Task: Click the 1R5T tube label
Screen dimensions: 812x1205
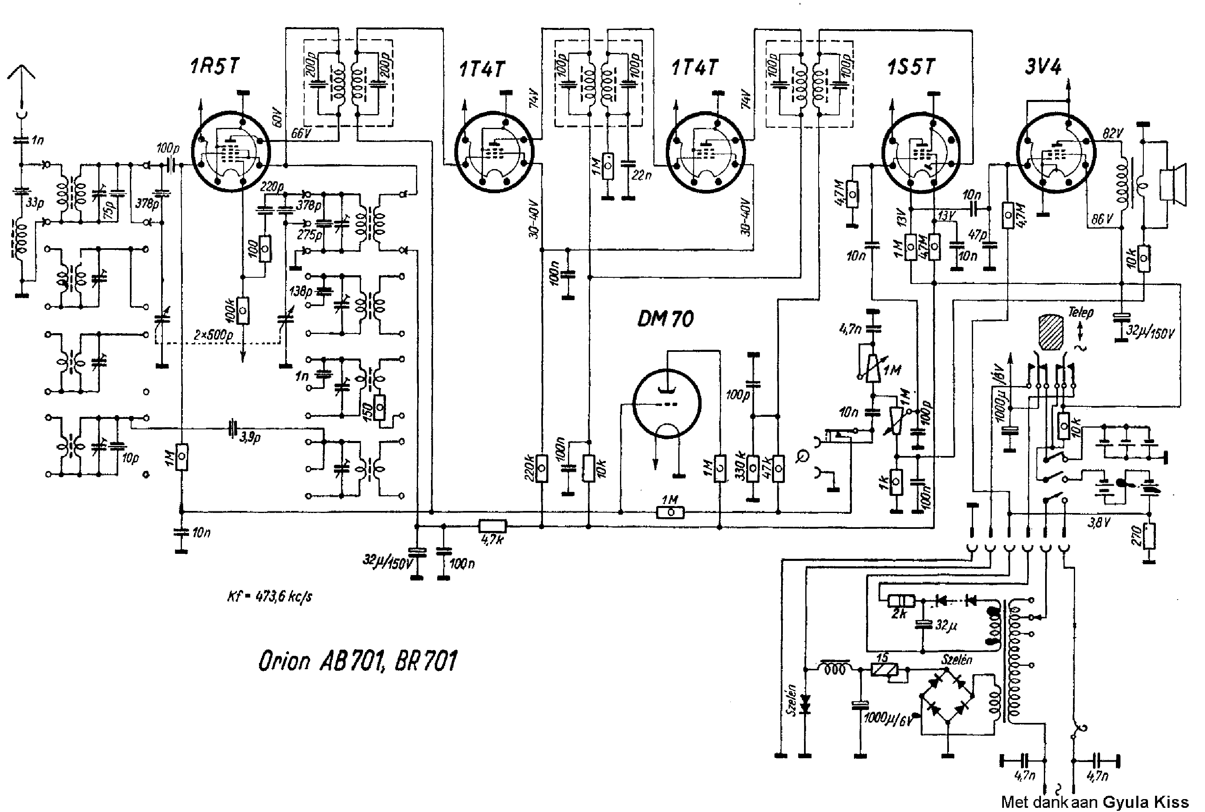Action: [x=215, y=67]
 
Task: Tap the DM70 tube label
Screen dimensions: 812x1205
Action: [x=665, y=319]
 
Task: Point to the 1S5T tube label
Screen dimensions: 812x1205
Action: [x=911, y=67]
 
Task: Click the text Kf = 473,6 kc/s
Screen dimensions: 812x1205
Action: [x=270, y=597]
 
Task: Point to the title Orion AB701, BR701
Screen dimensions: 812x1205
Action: [x=357, y=661]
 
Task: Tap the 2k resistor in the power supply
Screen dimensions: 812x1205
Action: [x=901, y=601]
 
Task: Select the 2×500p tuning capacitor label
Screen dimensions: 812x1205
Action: [x=213, y=335]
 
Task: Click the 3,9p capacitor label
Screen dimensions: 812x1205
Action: [x=249, y=438]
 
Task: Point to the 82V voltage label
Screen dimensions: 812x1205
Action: [x=1112, y=134]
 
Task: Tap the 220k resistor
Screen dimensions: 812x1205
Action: [x=541, y=468]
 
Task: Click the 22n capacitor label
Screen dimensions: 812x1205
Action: [x=641, y=176]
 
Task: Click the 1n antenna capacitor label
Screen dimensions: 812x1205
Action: [x=38, y=140]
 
